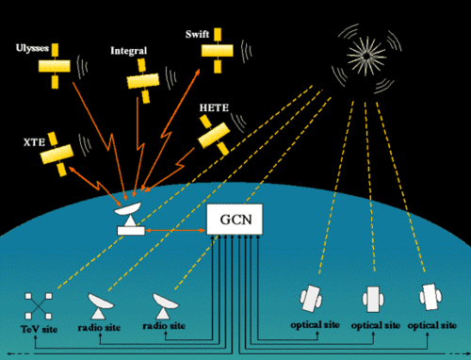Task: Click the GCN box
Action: [235, 221]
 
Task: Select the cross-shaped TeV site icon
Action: [36, 305]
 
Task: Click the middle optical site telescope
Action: [370, 299]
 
